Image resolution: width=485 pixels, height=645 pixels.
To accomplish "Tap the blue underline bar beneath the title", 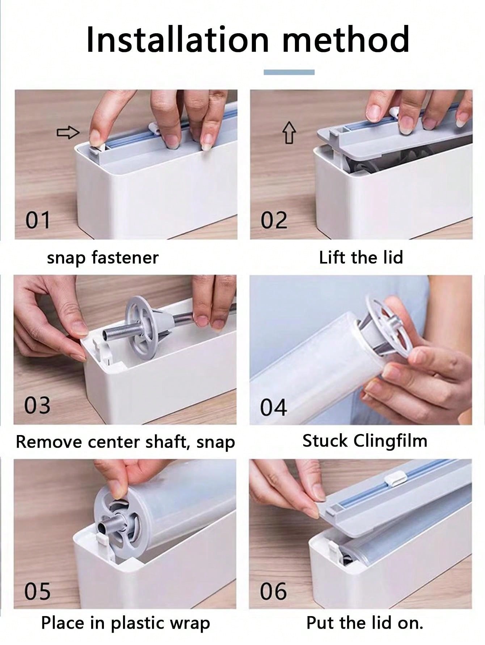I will coord(289,72).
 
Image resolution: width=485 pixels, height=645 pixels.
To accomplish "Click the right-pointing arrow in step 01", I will coord(68,133).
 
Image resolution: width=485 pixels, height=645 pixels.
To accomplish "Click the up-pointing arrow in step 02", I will coord(289,133).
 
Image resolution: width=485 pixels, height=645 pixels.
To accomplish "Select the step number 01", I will coord(37,220).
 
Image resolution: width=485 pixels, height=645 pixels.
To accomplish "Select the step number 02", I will coord(274,220).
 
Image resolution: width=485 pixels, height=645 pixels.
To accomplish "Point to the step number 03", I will coord(37,405).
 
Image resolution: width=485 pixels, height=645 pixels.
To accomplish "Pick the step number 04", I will coord(273,407).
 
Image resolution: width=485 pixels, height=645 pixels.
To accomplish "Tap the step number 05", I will coord(37,591).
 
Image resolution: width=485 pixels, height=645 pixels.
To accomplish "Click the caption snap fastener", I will coord(103,258).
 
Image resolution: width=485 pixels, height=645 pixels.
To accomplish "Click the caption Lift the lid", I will coord(361,258).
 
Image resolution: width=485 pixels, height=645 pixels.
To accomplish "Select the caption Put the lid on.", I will coord(364,623).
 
